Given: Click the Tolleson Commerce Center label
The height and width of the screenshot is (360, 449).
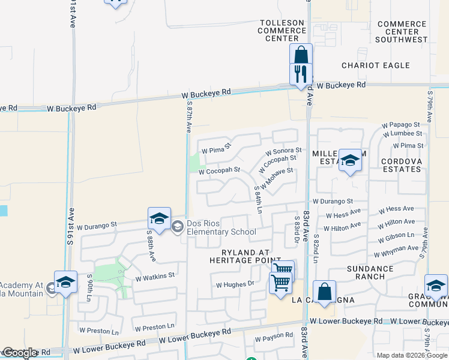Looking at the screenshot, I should [282, 31].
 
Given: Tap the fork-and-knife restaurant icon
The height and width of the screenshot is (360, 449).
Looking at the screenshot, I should [300, 74].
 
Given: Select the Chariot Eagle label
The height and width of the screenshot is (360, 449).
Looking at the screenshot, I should [376, 65].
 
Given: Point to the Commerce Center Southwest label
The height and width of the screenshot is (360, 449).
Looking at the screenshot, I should [402, 32].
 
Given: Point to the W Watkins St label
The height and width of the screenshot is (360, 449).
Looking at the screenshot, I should [155, 277].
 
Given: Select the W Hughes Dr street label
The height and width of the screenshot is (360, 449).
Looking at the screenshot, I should [235, 284].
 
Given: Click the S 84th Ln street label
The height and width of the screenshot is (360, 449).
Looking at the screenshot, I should [258, 199].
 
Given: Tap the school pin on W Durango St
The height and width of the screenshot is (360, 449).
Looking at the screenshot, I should [159, 220].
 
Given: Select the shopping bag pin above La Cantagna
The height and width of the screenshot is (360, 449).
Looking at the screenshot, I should [324, 293].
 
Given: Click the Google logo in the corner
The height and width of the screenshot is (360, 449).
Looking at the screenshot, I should [20, 353].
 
